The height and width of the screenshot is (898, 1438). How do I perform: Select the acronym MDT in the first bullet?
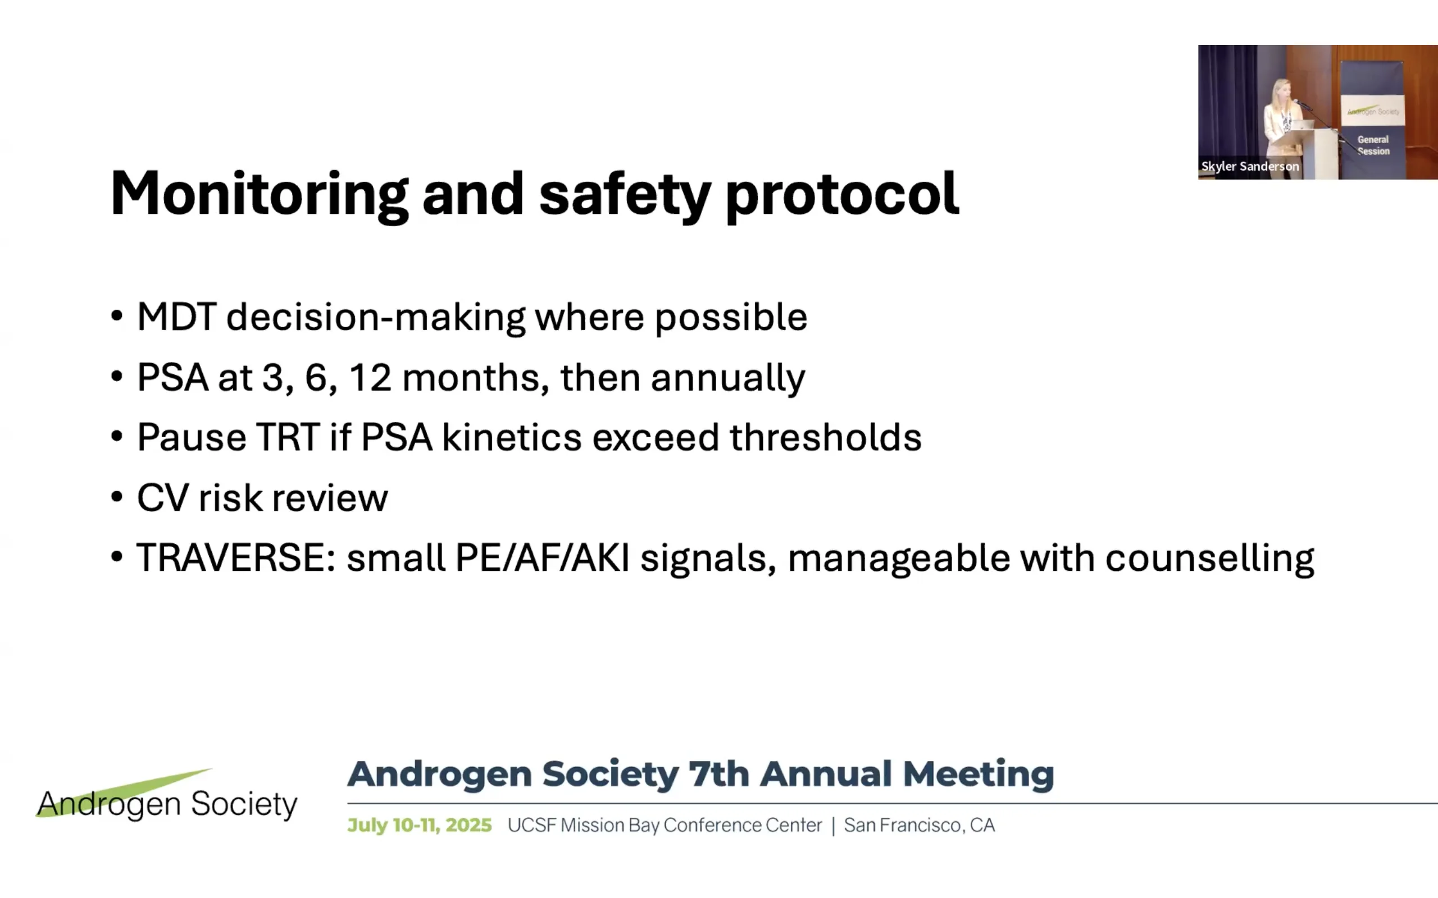[x=176, y=317]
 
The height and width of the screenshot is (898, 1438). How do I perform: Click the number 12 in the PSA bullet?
[x=371, y=378]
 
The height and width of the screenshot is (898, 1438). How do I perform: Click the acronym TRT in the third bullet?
[x=288, y=438]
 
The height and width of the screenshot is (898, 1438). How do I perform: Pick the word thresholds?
[x=826, y=438]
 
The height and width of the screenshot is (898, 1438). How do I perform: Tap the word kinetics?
[x=512, y=438]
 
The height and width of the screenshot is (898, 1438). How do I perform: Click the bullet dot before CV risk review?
[x=117, y=497]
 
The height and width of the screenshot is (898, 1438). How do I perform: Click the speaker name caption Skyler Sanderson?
[x=1250, y=166]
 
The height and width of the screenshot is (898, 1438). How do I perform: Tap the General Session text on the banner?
[x=1373, y=145]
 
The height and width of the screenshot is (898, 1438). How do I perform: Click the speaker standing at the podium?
[x=1278, y=119]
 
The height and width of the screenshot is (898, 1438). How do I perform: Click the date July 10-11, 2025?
[x=420, y=826]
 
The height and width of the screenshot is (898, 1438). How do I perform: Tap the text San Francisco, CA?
[x=919, y=826]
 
